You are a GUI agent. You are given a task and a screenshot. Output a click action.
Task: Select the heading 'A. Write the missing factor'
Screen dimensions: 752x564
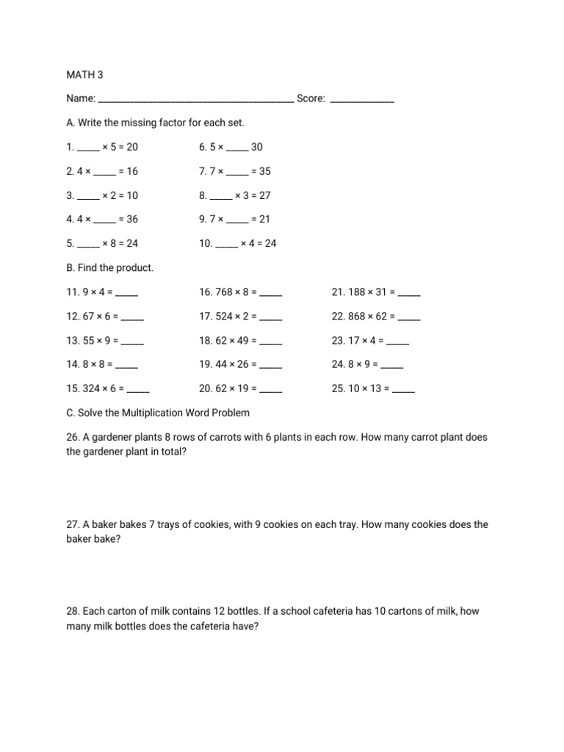[x=155, y=123]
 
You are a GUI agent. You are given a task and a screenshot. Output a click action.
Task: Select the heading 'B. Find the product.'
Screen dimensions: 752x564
[x=110, y=268]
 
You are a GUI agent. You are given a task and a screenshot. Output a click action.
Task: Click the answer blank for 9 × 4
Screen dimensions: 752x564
[x=127, y=294]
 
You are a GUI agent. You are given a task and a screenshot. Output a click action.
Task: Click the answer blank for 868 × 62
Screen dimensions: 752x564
[x=409, y=318]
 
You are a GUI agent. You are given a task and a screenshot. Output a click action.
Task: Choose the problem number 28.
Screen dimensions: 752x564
[x=73, y=611]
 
